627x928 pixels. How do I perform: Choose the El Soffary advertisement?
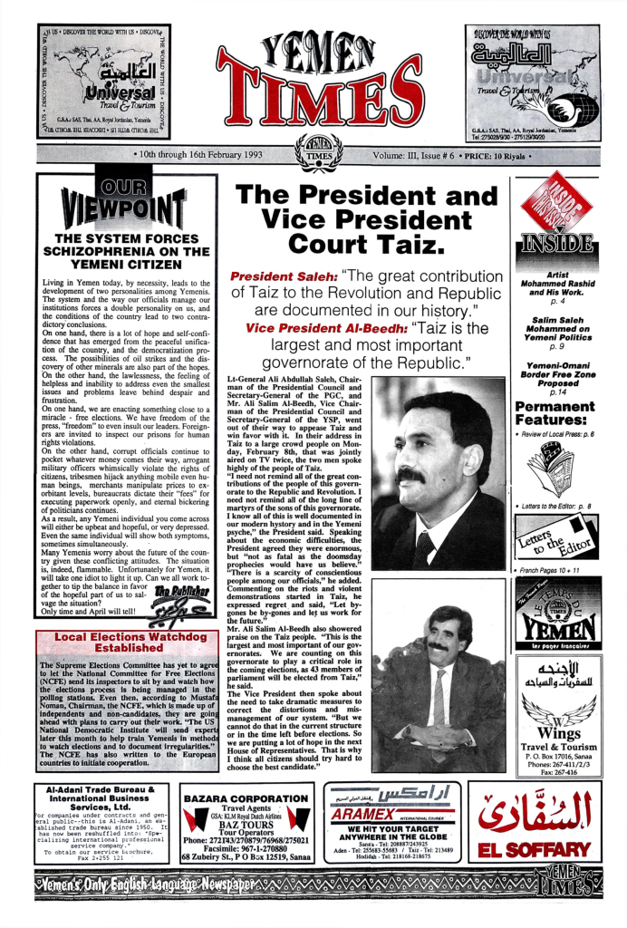tap(533, 822)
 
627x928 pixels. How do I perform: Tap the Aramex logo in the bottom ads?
tap(391, 810)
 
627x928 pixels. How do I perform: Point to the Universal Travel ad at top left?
tap(101, 82)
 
